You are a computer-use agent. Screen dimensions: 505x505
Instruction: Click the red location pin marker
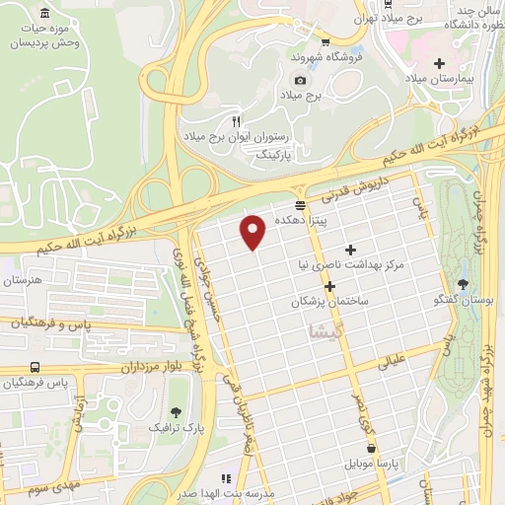coord(254,231)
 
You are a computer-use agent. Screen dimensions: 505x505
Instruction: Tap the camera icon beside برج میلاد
coord(300,80)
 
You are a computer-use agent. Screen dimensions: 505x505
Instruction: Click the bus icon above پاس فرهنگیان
coord(36,367)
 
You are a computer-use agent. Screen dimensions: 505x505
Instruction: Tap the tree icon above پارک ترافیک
coord(176,412)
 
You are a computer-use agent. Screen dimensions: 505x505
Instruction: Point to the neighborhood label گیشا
coord(326,329)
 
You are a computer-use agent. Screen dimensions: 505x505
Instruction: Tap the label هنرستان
coord(26,281)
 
